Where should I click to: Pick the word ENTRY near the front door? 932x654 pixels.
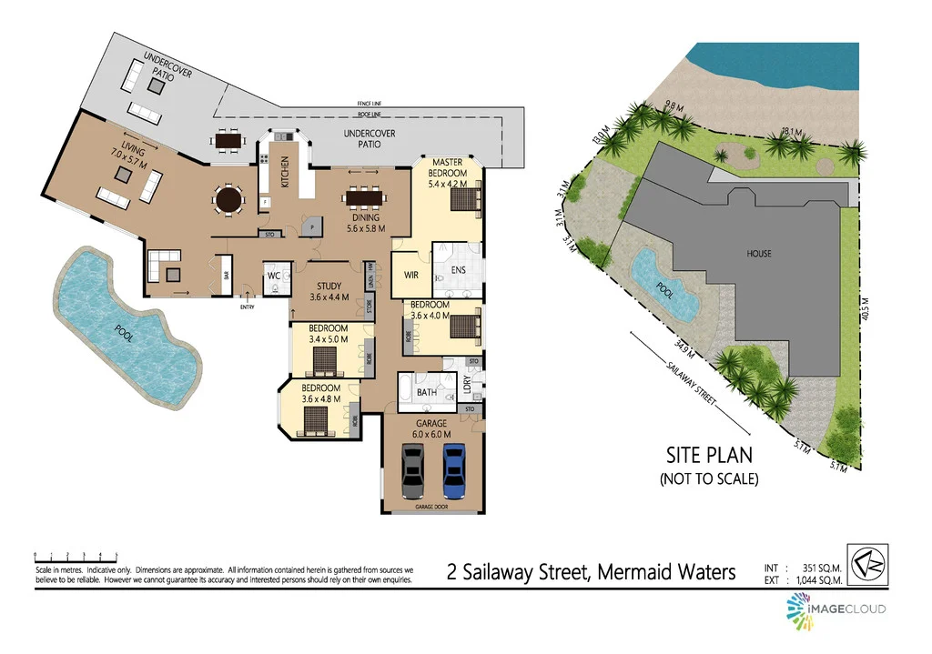tap(248, 307)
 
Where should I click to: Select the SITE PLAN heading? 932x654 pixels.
tap(709, 455)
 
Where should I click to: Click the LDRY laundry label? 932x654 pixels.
tap(466, 385)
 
